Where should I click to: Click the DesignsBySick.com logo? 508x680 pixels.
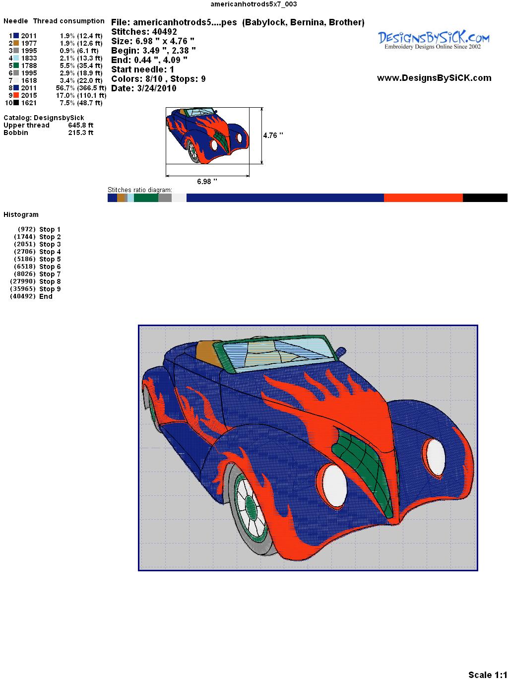pos(434,40)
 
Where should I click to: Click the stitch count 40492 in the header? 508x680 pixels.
pos(164,32)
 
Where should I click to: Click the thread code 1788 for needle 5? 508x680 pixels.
pos(29,66)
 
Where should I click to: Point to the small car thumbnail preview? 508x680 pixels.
pos(207,136)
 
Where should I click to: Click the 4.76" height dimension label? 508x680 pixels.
pos(273,136)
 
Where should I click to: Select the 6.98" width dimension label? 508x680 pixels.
pos(207,181)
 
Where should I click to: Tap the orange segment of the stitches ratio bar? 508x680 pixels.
pos(423,198)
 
